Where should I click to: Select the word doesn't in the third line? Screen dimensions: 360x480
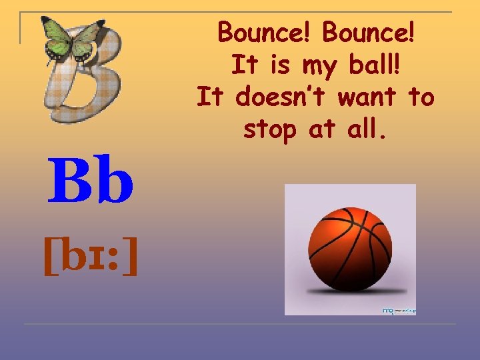(281, 97)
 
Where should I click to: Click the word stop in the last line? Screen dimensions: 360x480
(270, 130)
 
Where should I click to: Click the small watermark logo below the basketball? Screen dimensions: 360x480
(396, 310)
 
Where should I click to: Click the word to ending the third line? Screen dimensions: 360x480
(421, 97)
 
